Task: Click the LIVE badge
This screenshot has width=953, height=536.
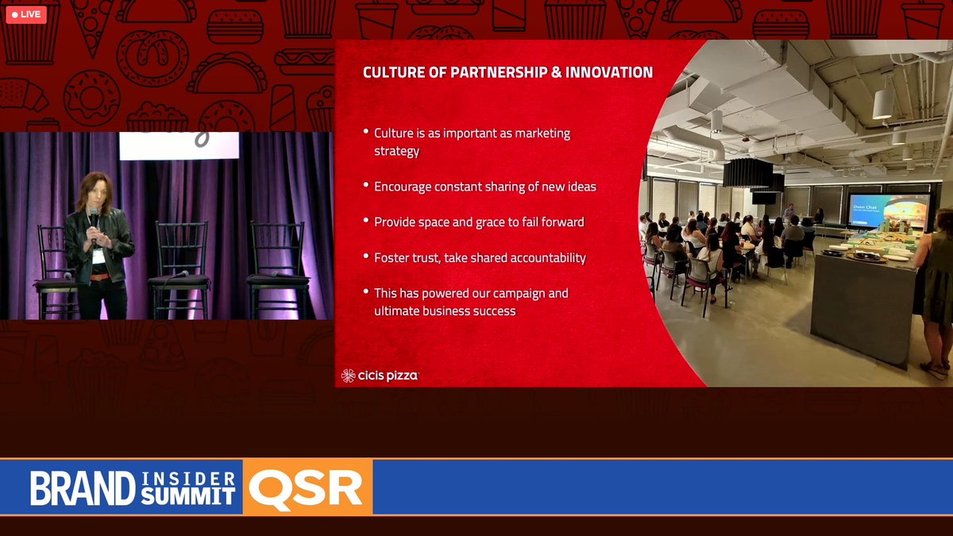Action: tap(26, 14)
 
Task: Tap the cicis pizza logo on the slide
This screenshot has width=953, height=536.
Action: tap(380, 376)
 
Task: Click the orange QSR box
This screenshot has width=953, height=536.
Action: tap(307, 488)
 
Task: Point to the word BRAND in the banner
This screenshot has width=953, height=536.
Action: tap(83, 488)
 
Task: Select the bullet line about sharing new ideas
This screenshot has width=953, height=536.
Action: tap(484, 187)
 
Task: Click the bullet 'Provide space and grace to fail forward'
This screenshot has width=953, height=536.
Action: tap(479, 222)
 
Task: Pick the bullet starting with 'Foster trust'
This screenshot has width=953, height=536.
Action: tap(480, 257)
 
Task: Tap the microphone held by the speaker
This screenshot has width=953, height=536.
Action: tap(94, 216)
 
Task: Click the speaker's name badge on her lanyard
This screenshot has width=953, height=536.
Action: tap(98, 256)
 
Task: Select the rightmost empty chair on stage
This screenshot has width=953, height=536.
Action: tap(277, 266)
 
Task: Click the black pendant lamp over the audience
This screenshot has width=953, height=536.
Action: tap(747, 171)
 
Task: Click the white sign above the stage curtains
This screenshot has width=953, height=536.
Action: tap(179, 145)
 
